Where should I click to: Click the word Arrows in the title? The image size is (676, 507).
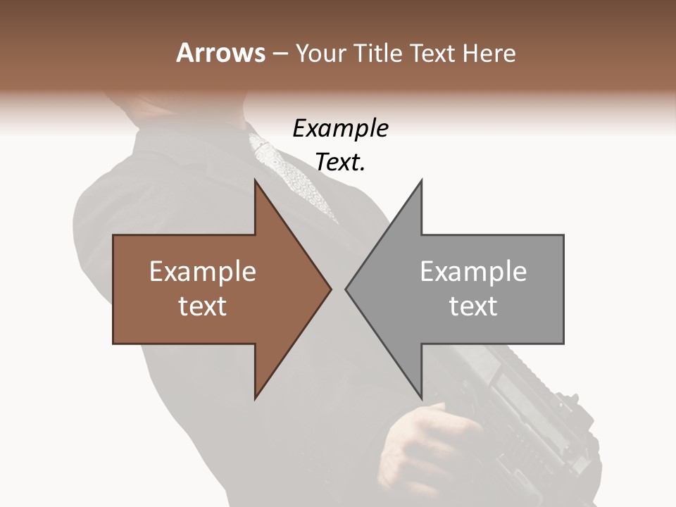[x=220, y=53]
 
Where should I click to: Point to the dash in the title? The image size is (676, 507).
[x=280, y=54]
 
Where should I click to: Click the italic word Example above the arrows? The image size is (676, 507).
[x=341, y=129]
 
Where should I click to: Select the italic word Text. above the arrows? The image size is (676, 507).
[x=341, y=163]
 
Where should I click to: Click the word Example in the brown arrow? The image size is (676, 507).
[x=203, y=272]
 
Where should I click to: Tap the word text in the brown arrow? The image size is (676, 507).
[x=203, y=306]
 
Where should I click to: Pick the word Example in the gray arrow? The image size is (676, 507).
[x=473, y=272]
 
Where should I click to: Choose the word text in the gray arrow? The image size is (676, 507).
[x=473, y=306]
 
